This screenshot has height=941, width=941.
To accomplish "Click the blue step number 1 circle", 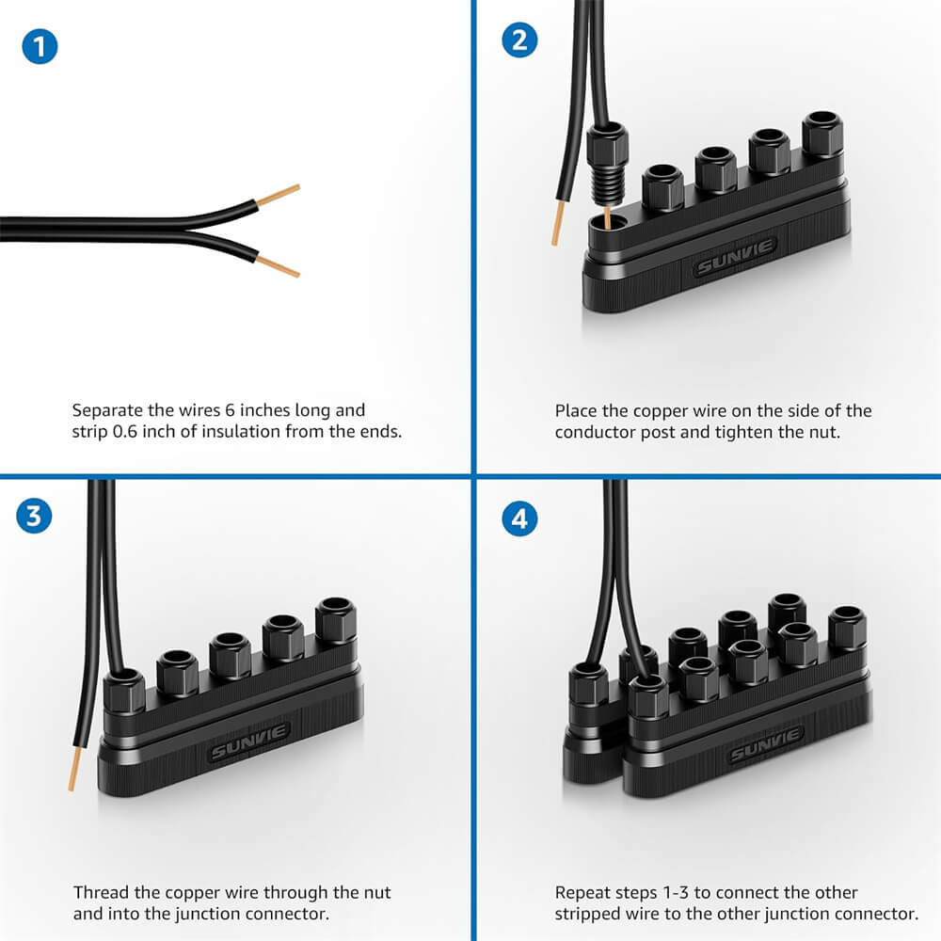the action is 40,46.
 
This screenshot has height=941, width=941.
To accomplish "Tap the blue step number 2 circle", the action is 519,40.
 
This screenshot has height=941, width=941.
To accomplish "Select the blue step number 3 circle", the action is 34,516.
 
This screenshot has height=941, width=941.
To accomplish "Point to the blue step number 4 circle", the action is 519,518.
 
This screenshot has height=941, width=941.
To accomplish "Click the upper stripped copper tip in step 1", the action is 278,195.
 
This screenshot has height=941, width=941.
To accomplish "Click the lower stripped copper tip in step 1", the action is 278,266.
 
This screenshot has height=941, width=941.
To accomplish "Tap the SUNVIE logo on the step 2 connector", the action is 735,256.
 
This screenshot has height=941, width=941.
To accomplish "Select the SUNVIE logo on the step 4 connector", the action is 766,744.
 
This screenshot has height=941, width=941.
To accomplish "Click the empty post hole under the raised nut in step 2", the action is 608,225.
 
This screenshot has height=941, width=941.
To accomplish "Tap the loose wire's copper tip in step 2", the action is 558,223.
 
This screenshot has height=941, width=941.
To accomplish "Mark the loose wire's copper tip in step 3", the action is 74,768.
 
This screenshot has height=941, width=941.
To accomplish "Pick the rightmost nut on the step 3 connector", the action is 336,620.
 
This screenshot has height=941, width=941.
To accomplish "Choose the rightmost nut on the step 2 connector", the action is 822,135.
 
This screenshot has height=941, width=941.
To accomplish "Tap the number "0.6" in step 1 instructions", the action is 125,432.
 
